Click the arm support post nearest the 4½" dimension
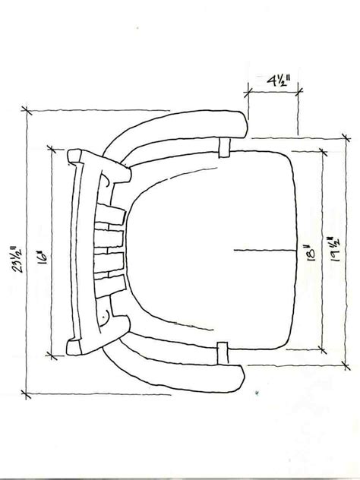coord(224,148)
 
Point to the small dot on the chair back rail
coord(101,312)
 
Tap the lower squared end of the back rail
coord(74,348)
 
